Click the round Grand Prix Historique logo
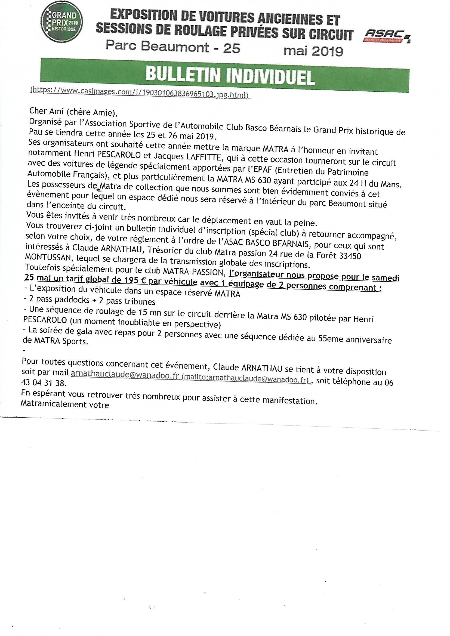tap(62, 24)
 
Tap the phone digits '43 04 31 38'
tap(44, 383)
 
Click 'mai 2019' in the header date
tap(313, 51)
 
